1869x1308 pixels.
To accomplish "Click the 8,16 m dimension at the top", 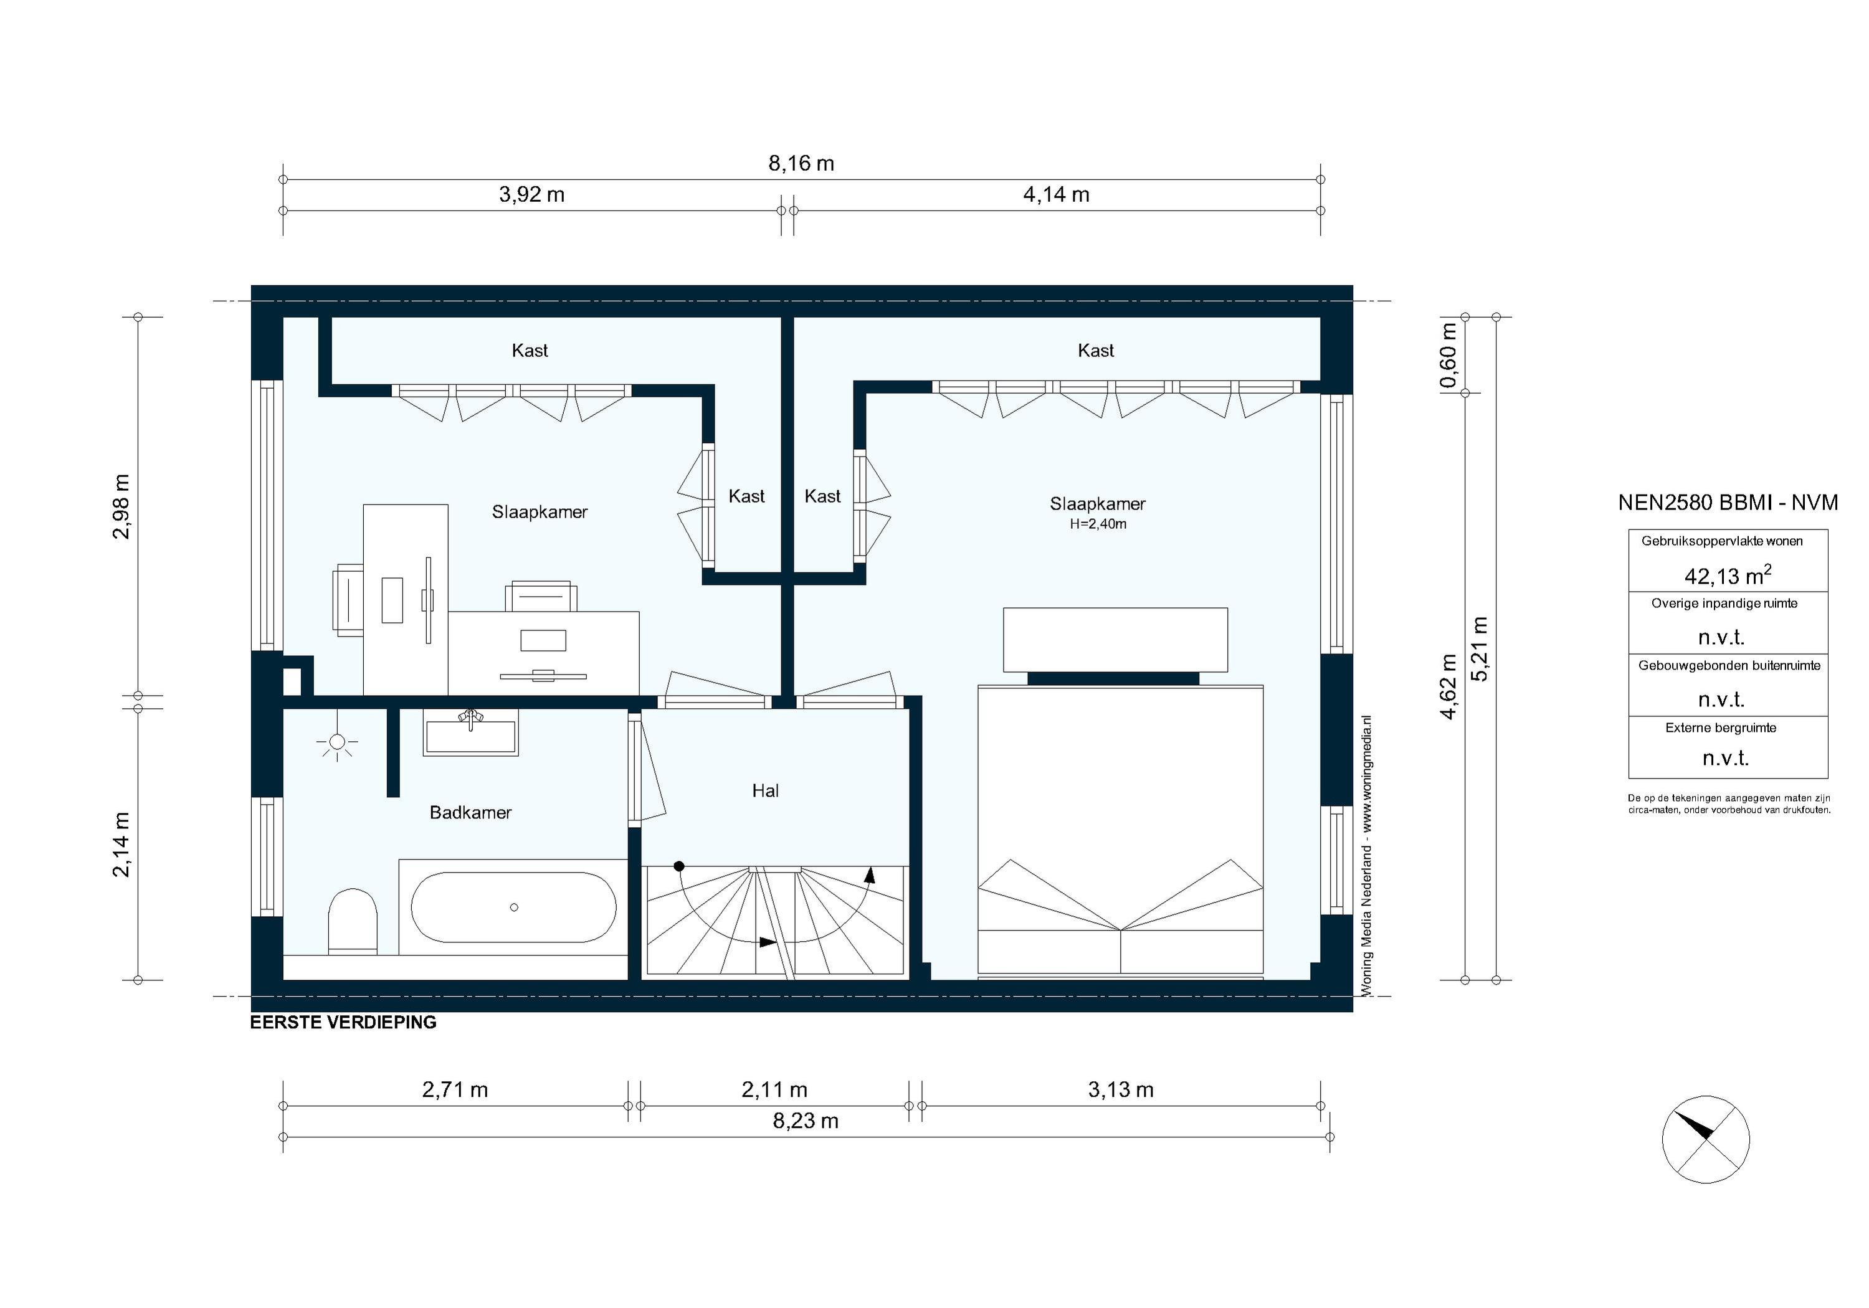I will point(801,164).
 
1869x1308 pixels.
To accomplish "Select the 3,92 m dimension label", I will point(531,194).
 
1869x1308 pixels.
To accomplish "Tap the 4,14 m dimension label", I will point(1056,194).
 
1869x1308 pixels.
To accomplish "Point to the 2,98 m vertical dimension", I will point(121,506).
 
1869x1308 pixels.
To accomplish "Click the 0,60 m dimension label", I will point(1447,356).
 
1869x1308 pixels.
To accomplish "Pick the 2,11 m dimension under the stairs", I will point(774,1089).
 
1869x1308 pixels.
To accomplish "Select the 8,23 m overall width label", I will point(805,1121).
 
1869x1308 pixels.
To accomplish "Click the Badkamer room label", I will point(470,812).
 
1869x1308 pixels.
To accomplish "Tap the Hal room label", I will point(765,790).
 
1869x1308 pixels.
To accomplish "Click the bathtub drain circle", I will point(513,908).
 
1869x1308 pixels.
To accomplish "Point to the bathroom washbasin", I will point(470,734).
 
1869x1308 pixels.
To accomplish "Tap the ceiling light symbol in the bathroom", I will point(337,741).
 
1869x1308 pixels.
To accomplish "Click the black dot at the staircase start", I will point(679,866).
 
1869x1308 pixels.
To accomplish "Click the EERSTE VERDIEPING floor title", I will point(343,1022).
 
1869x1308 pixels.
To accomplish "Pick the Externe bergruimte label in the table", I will point(1720,727).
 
